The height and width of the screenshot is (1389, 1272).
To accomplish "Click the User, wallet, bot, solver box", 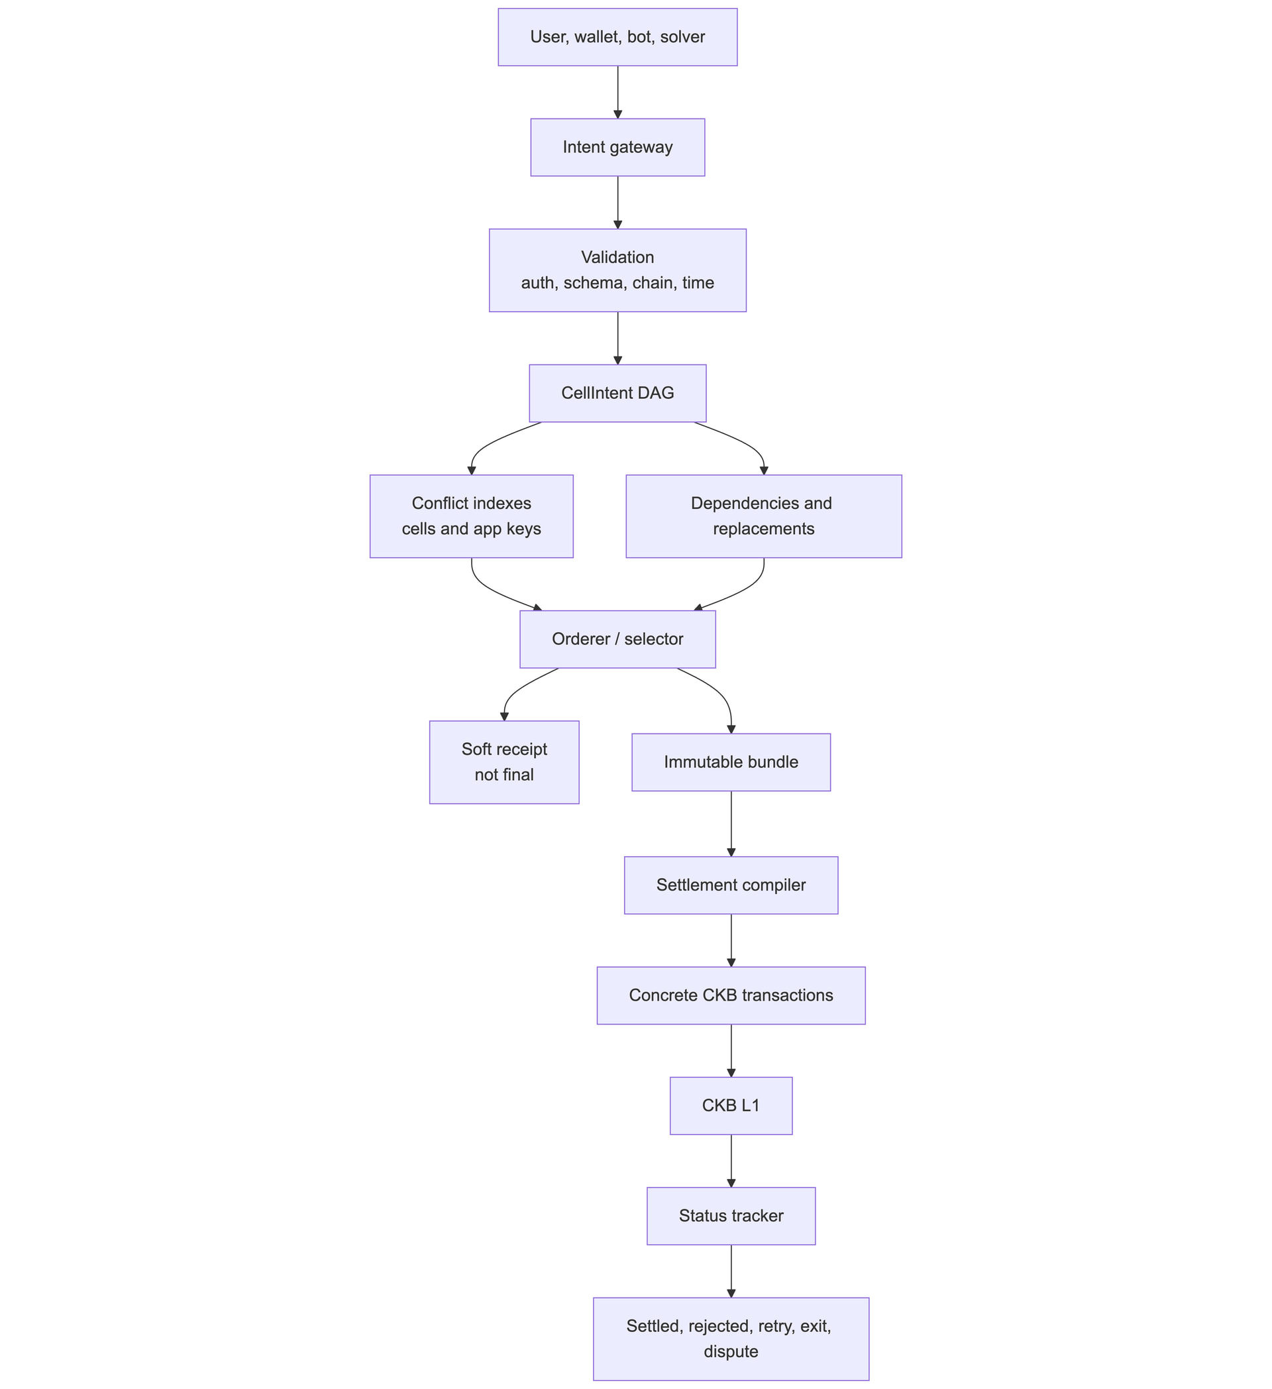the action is point(617,37).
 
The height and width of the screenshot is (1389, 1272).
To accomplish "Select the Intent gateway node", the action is point(617,147).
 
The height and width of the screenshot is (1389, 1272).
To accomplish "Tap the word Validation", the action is point(617,258).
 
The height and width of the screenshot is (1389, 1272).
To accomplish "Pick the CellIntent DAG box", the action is point(617,394).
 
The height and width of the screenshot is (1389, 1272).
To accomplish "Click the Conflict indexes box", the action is point(472,516).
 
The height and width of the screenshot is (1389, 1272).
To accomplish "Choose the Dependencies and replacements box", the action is point(764,516).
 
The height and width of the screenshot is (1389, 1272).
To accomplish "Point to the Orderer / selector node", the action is point(617,639).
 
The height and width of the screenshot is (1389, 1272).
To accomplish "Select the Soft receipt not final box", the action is point(504,762).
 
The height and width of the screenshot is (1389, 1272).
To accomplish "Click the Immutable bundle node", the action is point(731,762).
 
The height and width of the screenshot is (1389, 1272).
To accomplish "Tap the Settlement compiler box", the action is point(731,885).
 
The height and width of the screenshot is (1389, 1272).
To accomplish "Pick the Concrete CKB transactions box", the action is point(731,995).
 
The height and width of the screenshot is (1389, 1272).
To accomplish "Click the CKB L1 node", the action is point(731,1106).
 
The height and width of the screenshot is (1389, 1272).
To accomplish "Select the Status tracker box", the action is point(731,1216).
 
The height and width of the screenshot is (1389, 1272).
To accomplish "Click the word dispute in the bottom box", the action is point(731,1352).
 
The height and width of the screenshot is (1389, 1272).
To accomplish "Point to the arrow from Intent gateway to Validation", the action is point(617,203).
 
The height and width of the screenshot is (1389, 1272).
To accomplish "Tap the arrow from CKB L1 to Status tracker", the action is point(731,1161).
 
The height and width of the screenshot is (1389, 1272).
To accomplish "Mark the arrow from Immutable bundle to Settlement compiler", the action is point(731,824).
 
